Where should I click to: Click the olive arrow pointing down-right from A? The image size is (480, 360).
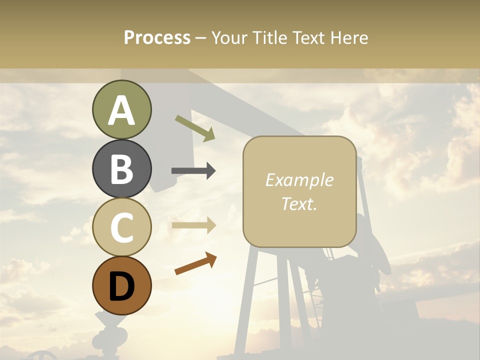coord(195,128)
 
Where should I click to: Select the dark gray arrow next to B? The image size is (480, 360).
coord(193,171)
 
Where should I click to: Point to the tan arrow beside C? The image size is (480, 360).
coord(194,225)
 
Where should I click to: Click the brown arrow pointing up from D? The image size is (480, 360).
coord(195,263)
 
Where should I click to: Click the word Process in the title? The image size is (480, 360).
coord(157,38)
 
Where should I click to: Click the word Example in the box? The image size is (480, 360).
coord(299,180)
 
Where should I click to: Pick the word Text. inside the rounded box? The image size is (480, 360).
coord(299,203)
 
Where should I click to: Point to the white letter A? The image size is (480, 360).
coord(121,110)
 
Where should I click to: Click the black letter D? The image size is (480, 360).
coord(121,286)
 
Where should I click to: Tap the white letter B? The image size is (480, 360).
coord(121,169)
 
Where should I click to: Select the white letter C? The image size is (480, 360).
coord(121,227)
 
